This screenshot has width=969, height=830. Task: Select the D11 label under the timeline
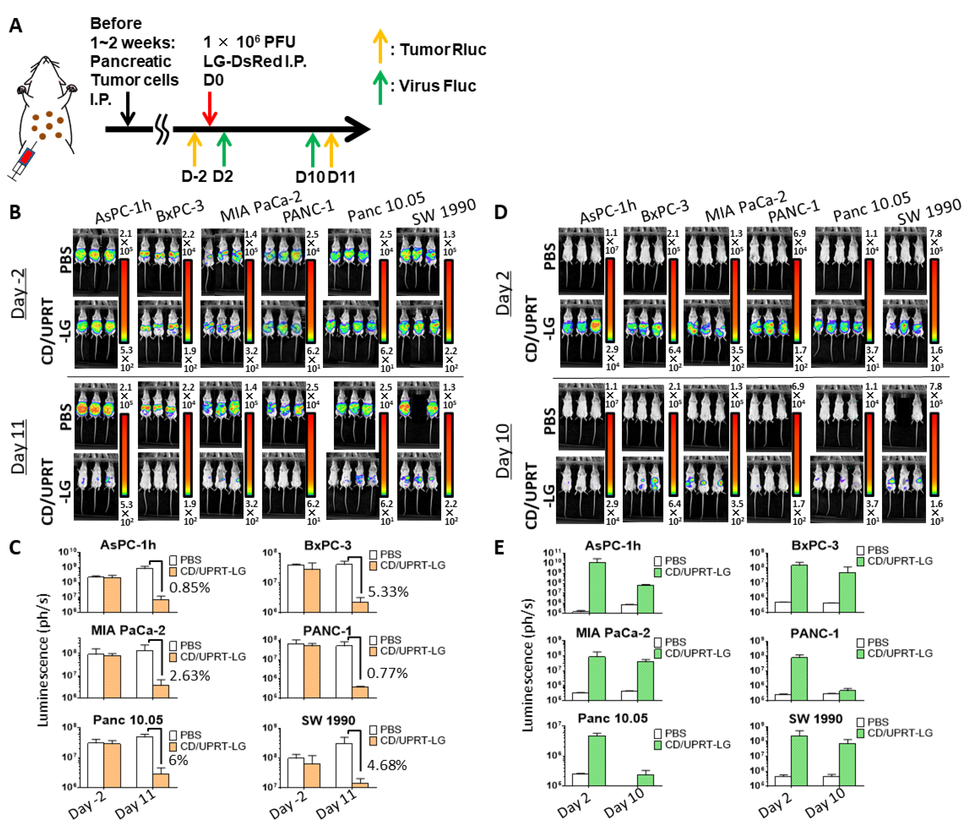pyautogui.click(x=342, y=177)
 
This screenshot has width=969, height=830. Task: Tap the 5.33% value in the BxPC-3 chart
pyautogui.click(x=388, y=592)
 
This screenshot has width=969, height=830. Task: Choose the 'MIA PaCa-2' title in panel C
pyautogui.click(x=128, y=630)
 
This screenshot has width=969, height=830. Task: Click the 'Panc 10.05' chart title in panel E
pyautogui.click(x=613, y=718)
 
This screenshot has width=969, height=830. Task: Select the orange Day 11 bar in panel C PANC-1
pyautogui.click(x=360, y=692)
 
